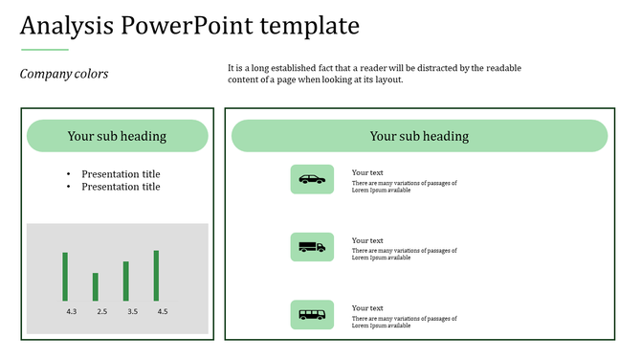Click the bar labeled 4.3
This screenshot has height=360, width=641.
(65, 277)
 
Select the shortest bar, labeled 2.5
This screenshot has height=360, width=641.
(95, 287)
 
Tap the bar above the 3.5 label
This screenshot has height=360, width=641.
(125, 281)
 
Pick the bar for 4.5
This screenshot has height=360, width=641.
(156, 276)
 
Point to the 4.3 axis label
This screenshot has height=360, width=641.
(72, 312)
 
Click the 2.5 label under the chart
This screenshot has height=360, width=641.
(101, 312)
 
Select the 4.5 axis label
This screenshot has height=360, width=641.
(163, 312)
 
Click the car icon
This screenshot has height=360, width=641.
(312, 179)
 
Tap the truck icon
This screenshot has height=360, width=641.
(312, 247)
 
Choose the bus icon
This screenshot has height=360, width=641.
(312, 314)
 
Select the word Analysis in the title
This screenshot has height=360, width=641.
(64, 26)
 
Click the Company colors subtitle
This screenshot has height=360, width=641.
(64, 74)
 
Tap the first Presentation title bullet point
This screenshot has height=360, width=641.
(121, 174)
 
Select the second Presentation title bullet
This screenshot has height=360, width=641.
(121, 187)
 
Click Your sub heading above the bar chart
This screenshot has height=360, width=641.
(117, 136)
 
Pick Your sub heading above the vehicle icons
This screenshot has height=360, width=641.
(419, 136)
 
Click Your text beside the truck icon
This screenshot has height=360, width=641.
(367, 240)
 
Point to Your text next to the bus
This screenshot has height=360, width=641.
(367, 307)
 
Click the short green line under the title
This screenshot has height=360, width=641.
(44, 49)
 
